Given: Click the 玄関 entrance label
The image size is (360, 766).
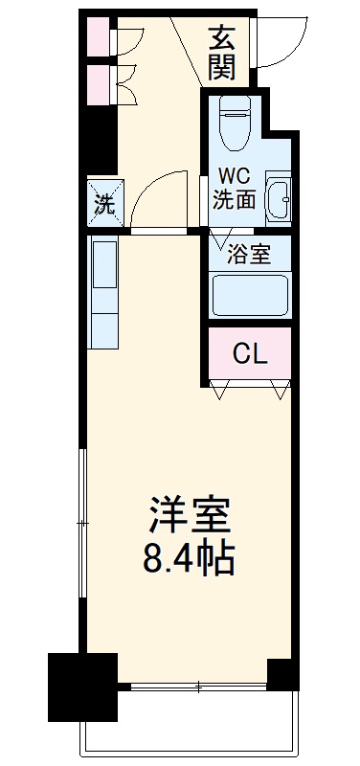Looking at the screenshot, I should pyautogui.click(x=223, y=55).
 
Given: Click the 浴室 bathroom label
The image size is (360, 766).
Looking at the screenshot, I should pyautogui.click(x=247, y=255).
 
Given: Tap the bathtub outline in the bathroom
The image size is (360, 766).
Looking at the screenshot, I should pyautogui.click(x=249, y=297).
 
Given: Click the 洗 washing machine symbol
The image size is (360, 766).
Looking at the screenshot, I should pyautogui.click(x=103, y=202).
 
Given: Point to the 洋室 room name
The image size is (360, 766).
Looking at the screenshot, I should pyautogui.click(x=191, y=518).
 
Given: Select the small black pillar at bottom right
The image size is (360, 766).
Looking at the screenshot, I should pyautogui.click(x=283, y=674).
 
